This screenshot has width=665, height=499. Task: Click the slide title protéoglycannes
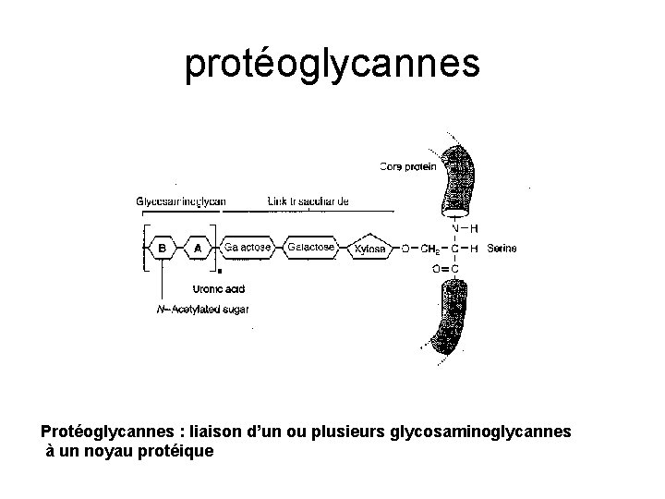[x=332, y=62]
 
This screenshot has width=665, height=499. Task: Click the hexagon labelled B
[x=163, y=248]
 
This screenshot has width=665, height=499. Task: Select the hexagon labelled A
[x=197, y=248]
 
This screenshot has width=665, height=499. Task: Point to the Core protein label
[x=407, y=166]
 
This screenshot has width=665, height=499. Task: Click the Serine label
[x=502, y=248]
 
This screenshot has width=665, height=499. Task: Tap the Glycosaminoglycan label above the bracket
[x=181, y=201]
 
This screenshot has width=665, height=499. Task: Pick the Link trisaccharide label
[x=308, y=201]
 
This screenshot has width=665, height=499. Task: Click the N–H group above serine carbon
[x=465, y=227]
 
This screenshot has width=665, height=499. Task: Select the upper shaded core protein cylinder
[x=459, y=180]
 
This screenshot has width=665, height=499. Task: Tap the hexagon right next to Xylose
[x=309, y=248]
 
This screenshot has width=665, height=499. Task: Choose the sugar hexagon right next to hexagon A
[x=245, y=248]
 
